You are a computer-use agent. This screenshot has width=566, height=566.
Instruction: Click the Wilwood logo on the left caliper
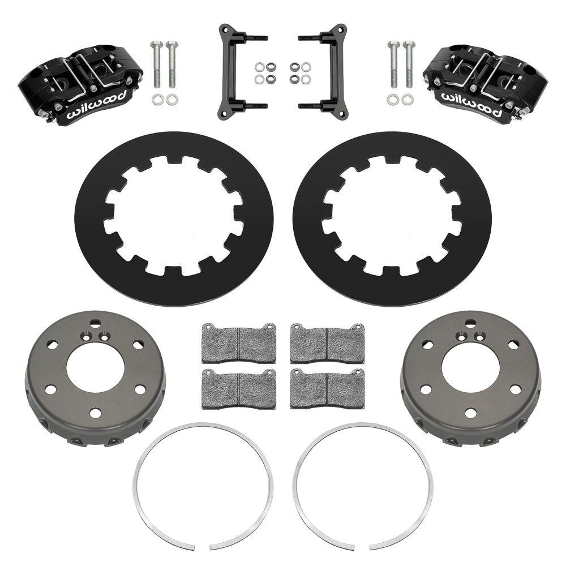[x=97, y=105]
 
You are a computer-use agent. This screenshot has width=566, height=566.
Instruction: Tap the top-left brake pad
[x=239, y=344]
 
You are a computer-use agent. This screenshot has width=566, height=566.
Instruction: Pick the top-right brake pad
[x=327, y=344]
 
